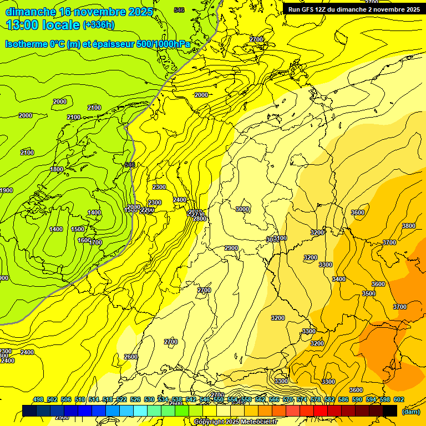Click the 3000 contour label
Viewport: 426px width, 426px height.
tap(242, 209)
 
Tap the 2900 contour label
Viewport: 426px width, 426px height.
tap(231, 248)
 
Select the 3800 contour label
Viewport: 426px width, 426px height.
tap(408, 226)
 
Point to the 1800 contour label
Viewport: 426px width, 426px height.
tap(57, 169)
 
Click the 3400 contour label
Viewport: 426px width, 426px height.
tap(339, 279)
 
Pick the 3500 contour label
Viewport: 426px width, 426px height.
tap(368, 293)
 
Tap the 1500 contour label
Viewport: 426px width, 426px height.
tap(78, 229)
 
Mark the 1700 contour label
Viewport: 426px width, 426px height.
tap(95, 242)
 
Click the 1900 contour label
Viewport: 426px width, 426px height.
tap(6, 190)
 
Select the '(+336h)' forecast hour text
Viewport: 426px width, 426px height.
tap(99, 25)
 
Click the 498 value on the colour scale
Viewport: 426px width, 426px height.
tap(38, 399)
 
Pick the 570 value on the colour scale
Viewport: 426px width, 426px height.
tap(288, 399)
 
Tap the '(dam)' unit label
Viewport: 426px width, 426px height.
tap(410, 411)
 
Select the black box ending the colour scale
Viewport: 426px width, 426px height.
tap(390, 410)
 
